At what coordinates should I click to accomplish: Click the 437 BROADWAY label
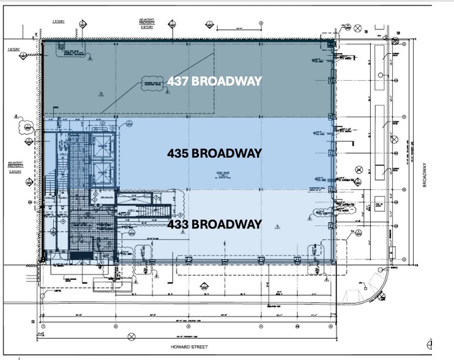pyautogui.click(x=214, y=81)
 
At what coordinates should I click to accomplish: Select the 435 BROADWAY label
pyautogui.click(x=214, y=153)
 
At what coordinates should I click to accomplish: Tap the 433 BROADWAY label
pyautogui.click(x=214, y=224)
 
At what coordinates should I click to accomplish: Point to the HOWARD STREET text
pyautogui.click(x=190, y=347)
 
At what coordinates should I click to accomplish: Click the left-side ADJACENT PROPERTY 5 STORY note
pyautogui.click(x=15, y=167)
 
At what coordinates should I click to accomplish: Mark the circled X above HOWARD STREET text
pyautogui.click(x=132, y=336)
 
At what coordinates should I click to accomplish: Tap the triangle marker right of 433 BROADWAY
pyautogui.click(x=277, y=226)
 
